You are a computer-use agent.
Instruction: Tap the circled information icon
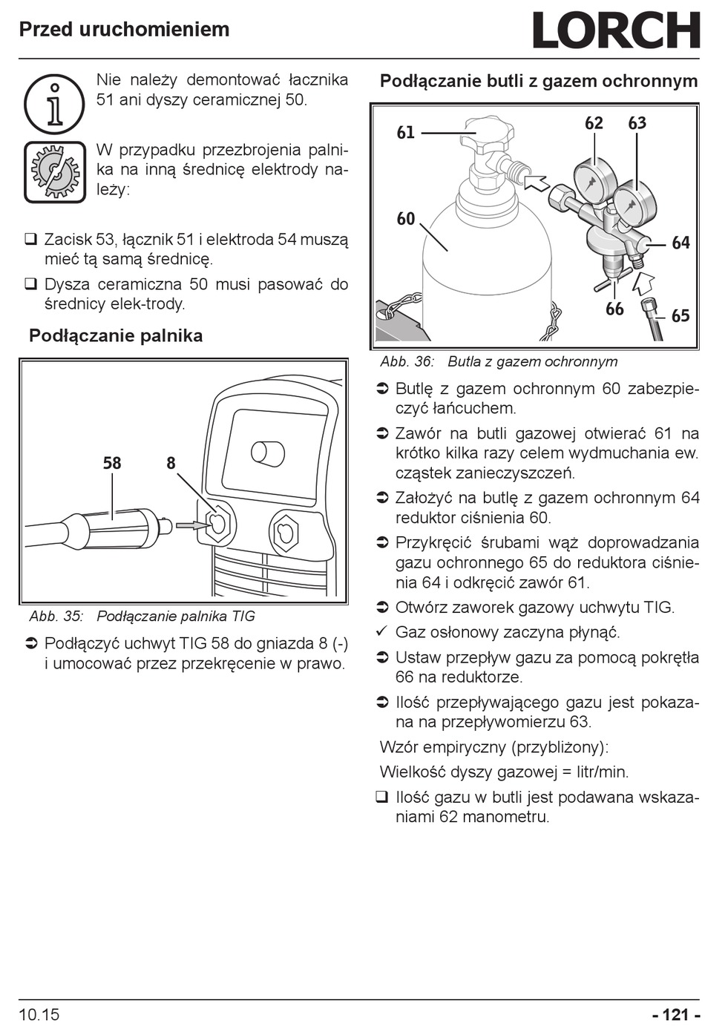tap(54, 104)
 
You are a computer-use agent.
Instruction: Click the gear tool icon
tap(54, 171)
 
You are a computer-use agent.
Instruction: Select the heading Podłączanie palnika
tap(116, 336)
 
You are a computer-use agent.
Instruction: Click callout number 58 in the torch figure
tap(112, 464)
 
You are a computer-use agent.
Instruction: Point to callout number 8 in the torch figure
tap(171, 464)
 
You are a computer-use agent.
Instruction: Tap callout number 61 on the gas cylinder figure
tap(406, 133)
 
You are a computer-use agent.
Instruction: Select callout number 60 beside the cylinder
tap(406, 219)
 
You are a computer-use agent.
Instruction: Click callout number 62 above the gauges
tap(594, 123)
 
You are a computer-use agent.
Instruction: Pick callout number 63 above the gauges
tap(637, 123)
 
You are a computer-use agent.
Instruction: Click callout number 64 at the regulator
tap(681, 243)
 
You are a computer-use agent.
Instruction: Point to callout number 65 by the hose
tap(681, 316)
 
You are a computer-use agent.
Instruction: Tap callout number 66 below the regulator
tap(614, 309)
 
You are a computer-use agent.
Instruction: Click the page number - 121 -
tap(675, 1014)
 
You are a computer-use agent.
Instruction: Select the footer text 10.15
tap(39, 1014)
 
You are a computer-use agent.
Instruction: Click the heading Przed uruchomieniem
tap(124, 30)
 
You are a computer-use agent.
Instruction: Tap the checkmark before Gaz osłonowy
tap(382, 632)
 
